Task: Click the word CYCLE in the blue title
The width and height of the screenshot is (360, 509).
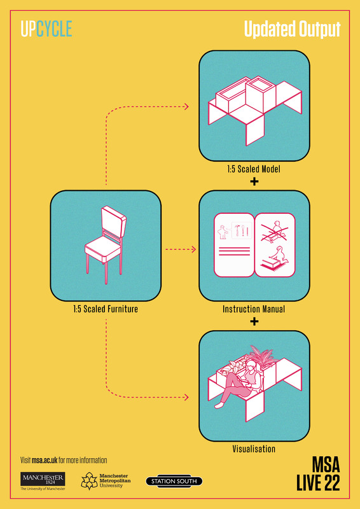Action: pos(54,29)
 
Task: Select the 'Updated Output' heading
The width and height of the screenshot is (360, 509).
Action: pos(292,29)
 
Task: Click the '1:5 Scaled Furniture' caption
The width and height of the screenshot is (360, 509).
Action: pos(106,309)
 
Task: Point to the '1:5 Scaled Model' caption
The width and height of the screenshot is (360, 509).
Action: pos(254,169)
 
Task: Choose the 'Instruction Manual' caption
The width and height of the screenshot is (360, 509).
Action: pos(254,309)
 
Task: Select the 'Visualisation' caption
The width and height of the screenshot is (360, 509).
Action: pos(254,449)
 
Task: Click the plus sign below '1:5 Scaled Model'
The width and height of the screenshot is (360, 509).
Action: pos(254,181)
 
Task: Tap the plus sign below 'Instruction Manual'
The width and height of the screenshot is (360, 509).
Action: pos(254,321)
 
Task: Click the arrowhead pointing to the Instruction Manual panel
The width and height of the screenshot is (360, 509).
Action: pos(194,249)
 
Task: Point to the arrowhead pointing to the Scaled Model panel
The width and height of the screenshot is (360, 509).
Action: pos(186,106)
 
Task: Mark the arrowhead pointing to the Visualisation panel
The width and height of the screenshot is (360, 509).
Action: pos(186,397)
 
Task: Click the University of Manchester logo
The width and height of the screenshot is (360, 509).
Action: pos(43,481)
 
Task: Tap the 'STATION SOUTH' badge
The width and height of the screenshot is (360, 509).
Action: pos(174,481)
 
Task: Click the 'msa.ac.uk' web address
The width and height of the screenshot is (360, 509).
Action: pos(45,460)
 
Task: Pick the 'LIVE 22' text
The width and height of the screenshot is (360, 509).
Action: pos(318,484)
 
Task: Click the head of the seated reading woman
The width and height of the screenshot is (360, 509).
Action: pos(252,367)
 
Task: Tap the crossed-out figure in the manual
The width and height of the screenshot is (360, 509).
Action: pos(274,232)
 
